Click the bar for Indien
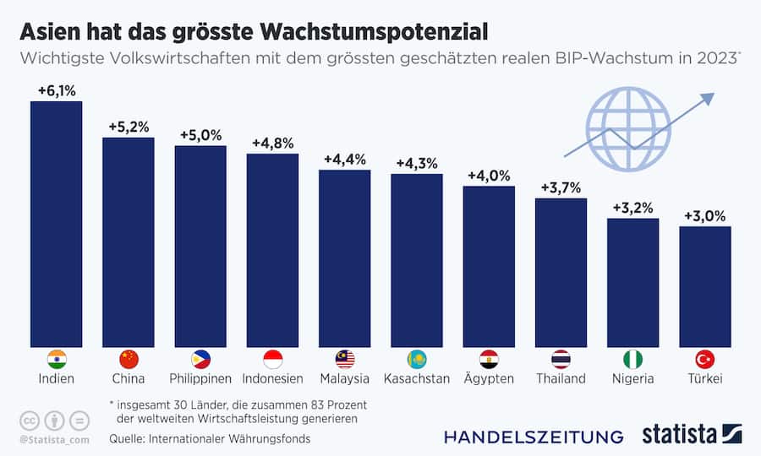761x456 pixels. coord(56,224)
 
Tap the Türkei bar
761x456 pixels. coord(704,286)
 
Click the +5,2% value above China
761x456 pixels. coord(129,127)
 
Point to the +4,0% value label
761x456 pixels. coord(489,176)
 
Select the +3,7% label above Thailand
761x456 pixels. coord(561,187)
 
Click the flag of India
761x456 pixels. coord(57,359)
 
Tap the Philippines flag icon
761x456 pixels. coord(200,359)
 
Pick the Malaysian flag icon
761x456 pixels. coord(344,359)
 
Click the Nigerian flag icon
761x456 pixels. coord(632,359)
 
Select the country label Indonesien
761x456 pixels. coord(272,378)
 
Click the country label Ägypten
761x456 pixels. coord(489,378)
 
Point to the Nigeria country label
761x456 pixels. coord(632,378)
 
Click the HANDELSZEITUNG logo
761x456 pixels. coord(534,437)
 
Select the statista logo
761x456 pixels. coord(689,435)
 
